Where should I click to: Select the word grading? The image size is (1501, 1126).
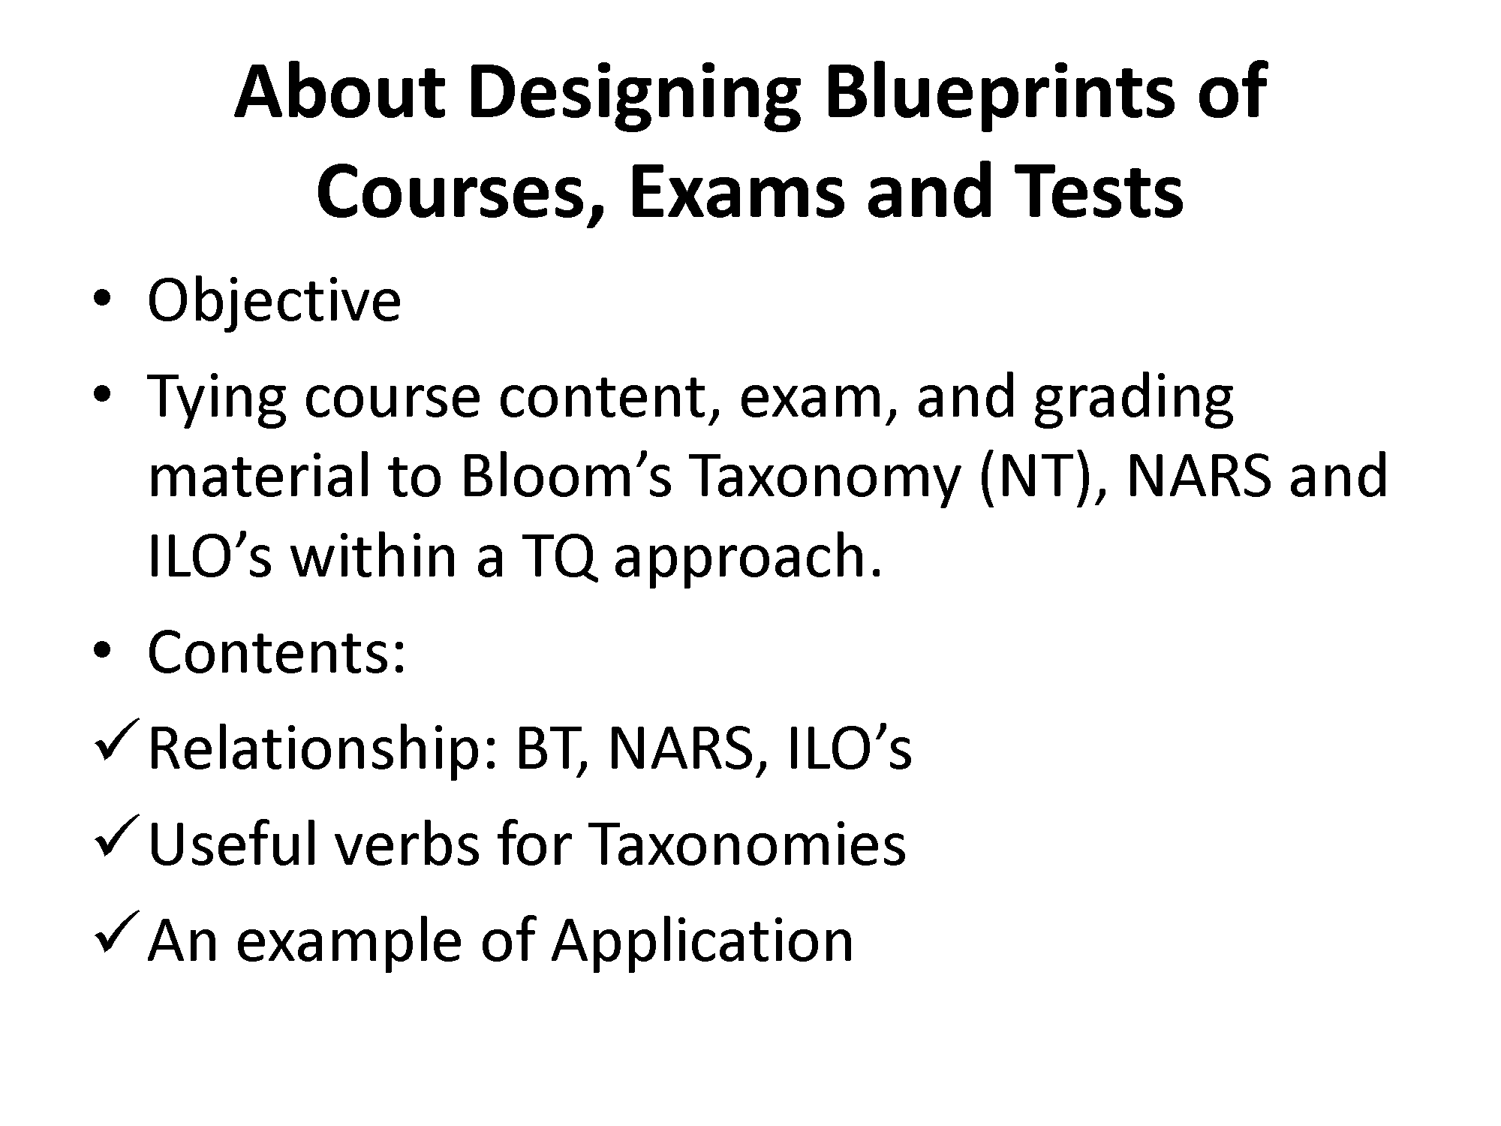coord(1133,399)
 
